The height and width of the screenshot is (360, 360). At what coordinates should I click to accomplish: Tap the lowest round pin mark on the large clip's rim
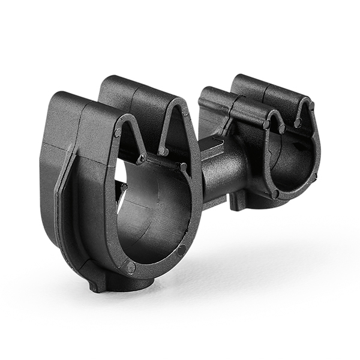(x=131, y=268)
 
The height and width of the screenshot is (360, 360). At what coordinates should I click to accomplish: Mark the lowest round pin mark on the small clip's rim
(x=275, y=194)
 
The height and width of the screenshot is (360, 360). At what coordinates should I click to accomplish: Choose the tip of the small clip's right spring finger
(x=298, y=123)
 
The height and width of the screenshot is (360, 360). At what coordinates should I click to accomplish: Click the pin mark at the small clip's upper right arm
(x=311, y=106)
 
